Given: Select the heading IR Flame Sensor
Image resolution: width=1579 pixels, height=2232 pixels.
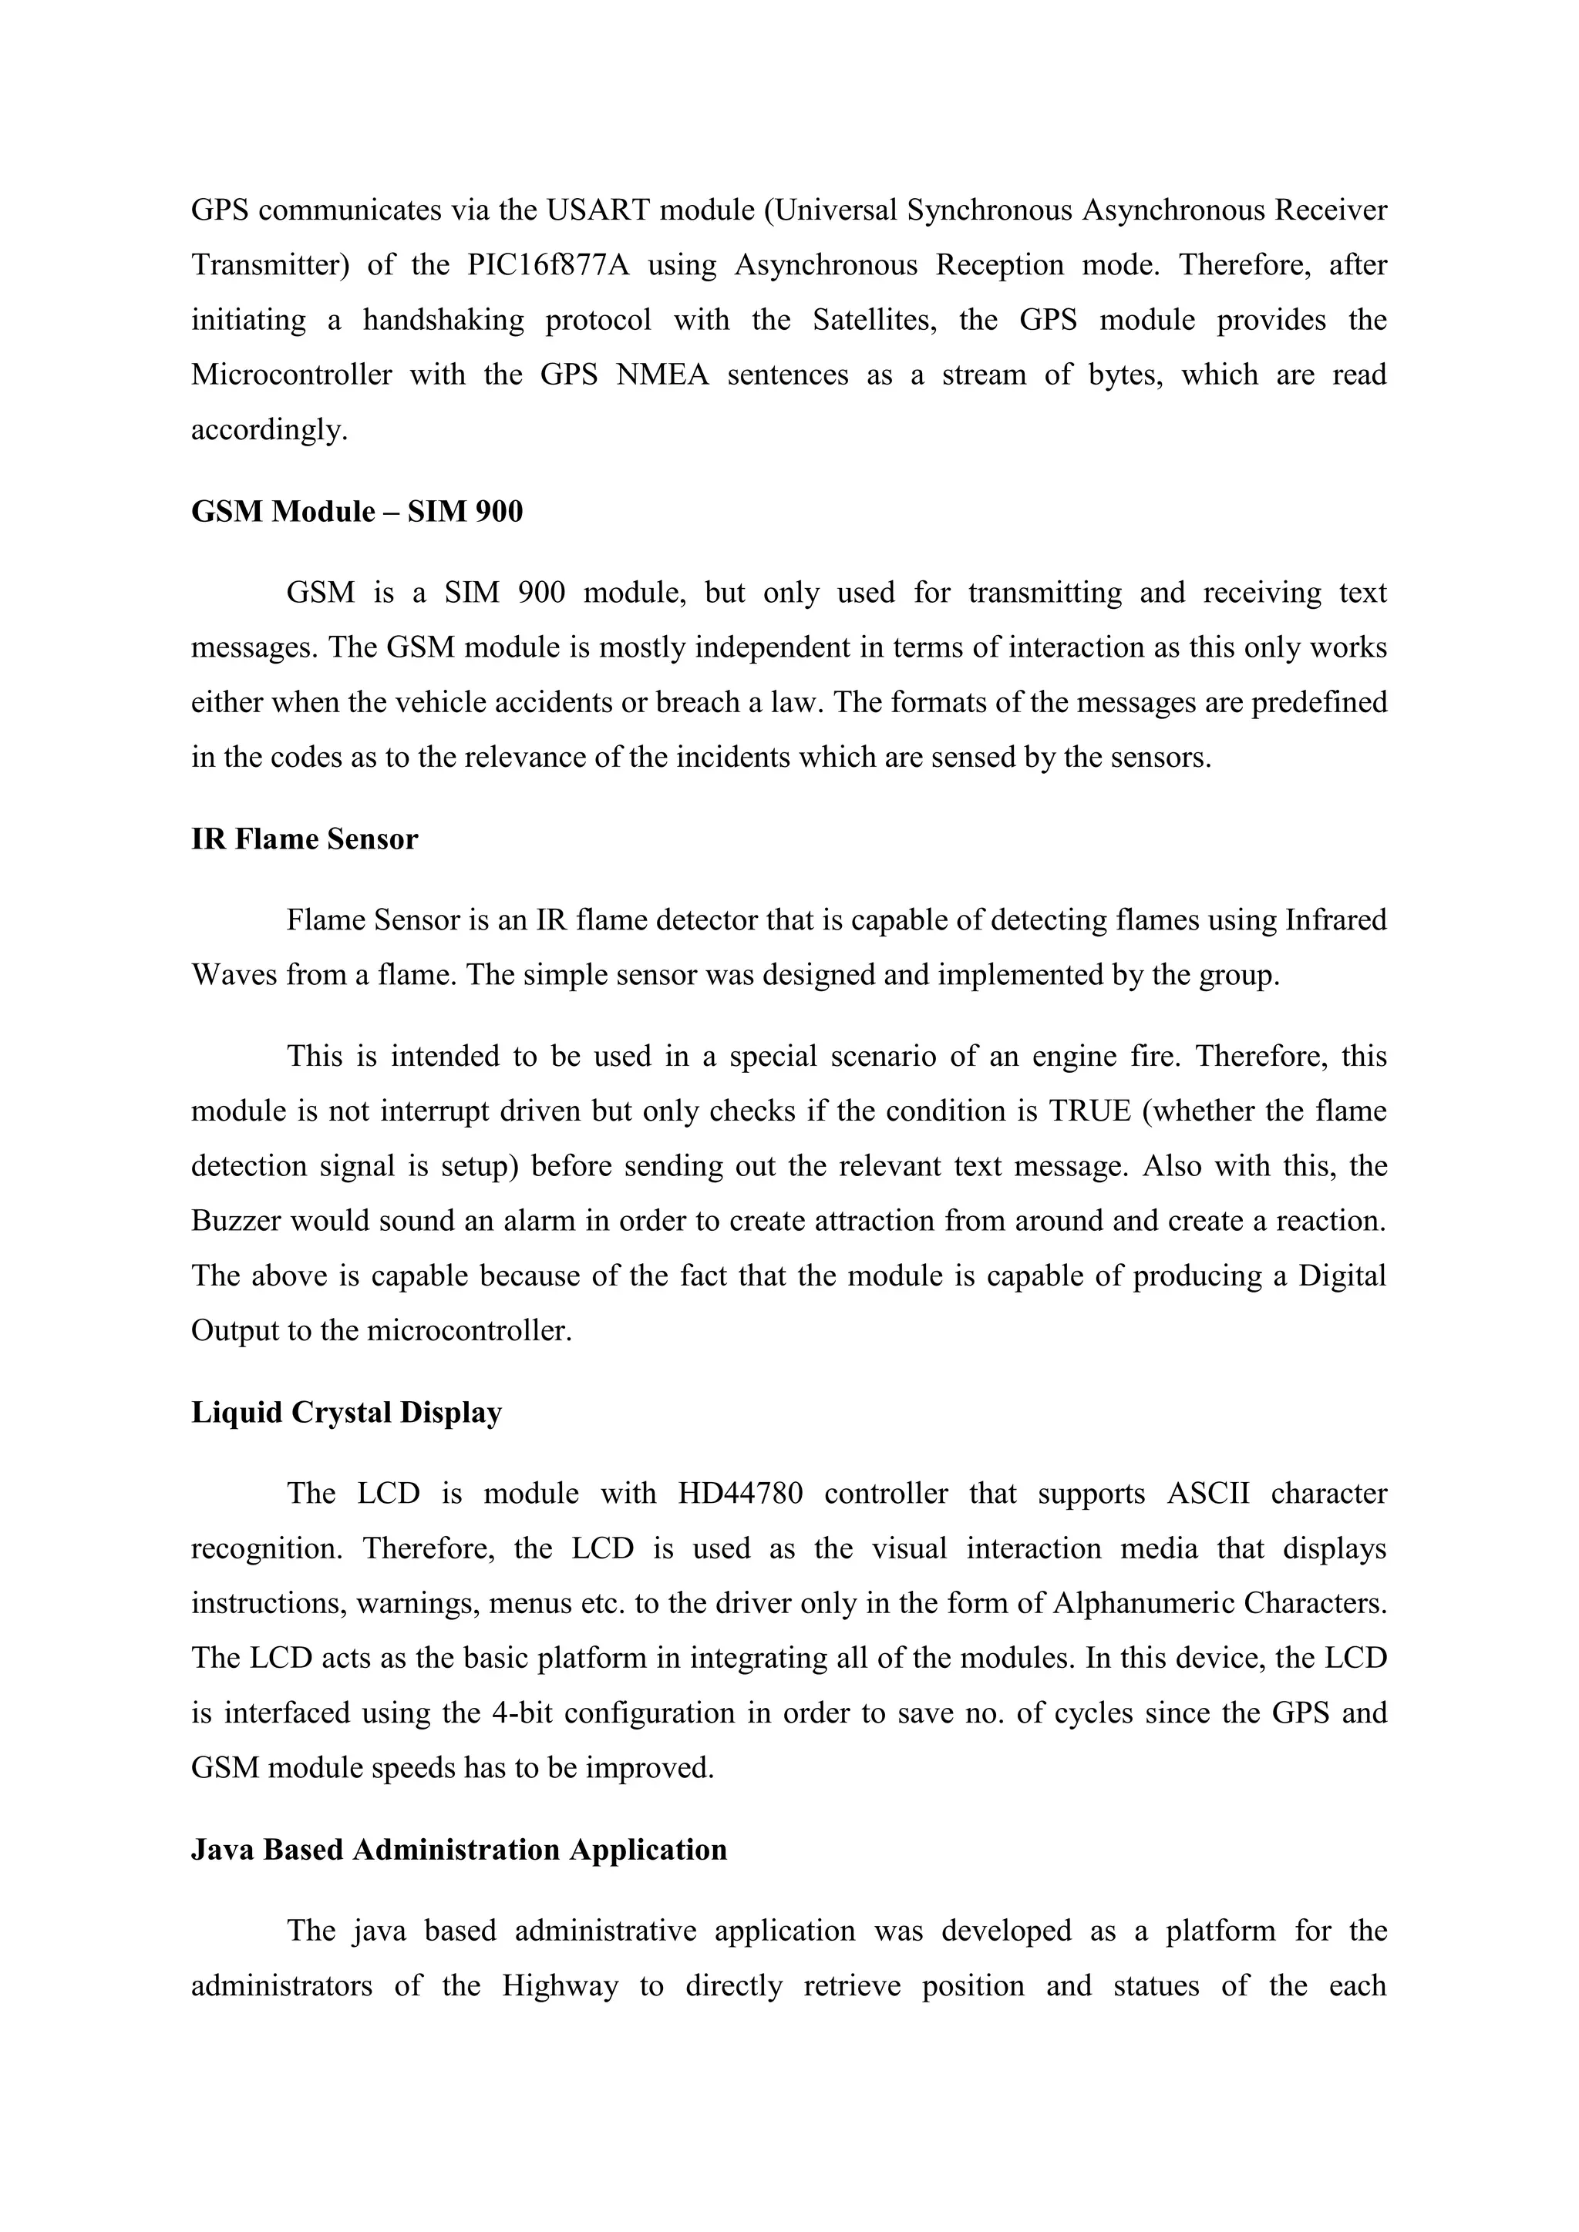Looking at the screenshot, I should coord(305,839).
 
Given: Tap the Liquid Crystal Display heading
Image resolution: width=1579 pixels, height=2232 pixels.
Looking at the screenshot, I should coord(346,1413).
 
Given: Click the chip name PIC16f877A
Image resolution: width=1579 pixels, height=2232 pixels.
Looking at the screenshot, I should coord(548,265).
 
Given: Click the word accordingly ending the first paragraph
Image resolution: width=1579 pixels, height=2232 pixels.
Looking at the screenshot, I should coord(268,431).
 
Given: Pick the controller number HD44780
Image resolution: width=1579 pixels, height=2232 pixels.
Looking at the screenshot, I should coord(740,1493).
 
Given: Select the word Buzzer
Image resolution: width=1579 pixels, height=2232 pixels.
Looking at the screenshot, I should coord(235,1221).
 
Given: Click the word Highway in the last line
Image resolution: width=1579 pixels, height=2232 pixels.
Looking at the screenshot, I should coord(560,1985).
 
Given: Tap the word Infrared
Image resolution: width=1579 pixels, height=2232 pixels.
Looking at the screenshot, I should coord(1336,919).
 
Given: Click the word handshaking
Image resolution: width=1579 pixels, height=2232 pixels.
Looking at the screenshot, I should coord(443,320).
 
